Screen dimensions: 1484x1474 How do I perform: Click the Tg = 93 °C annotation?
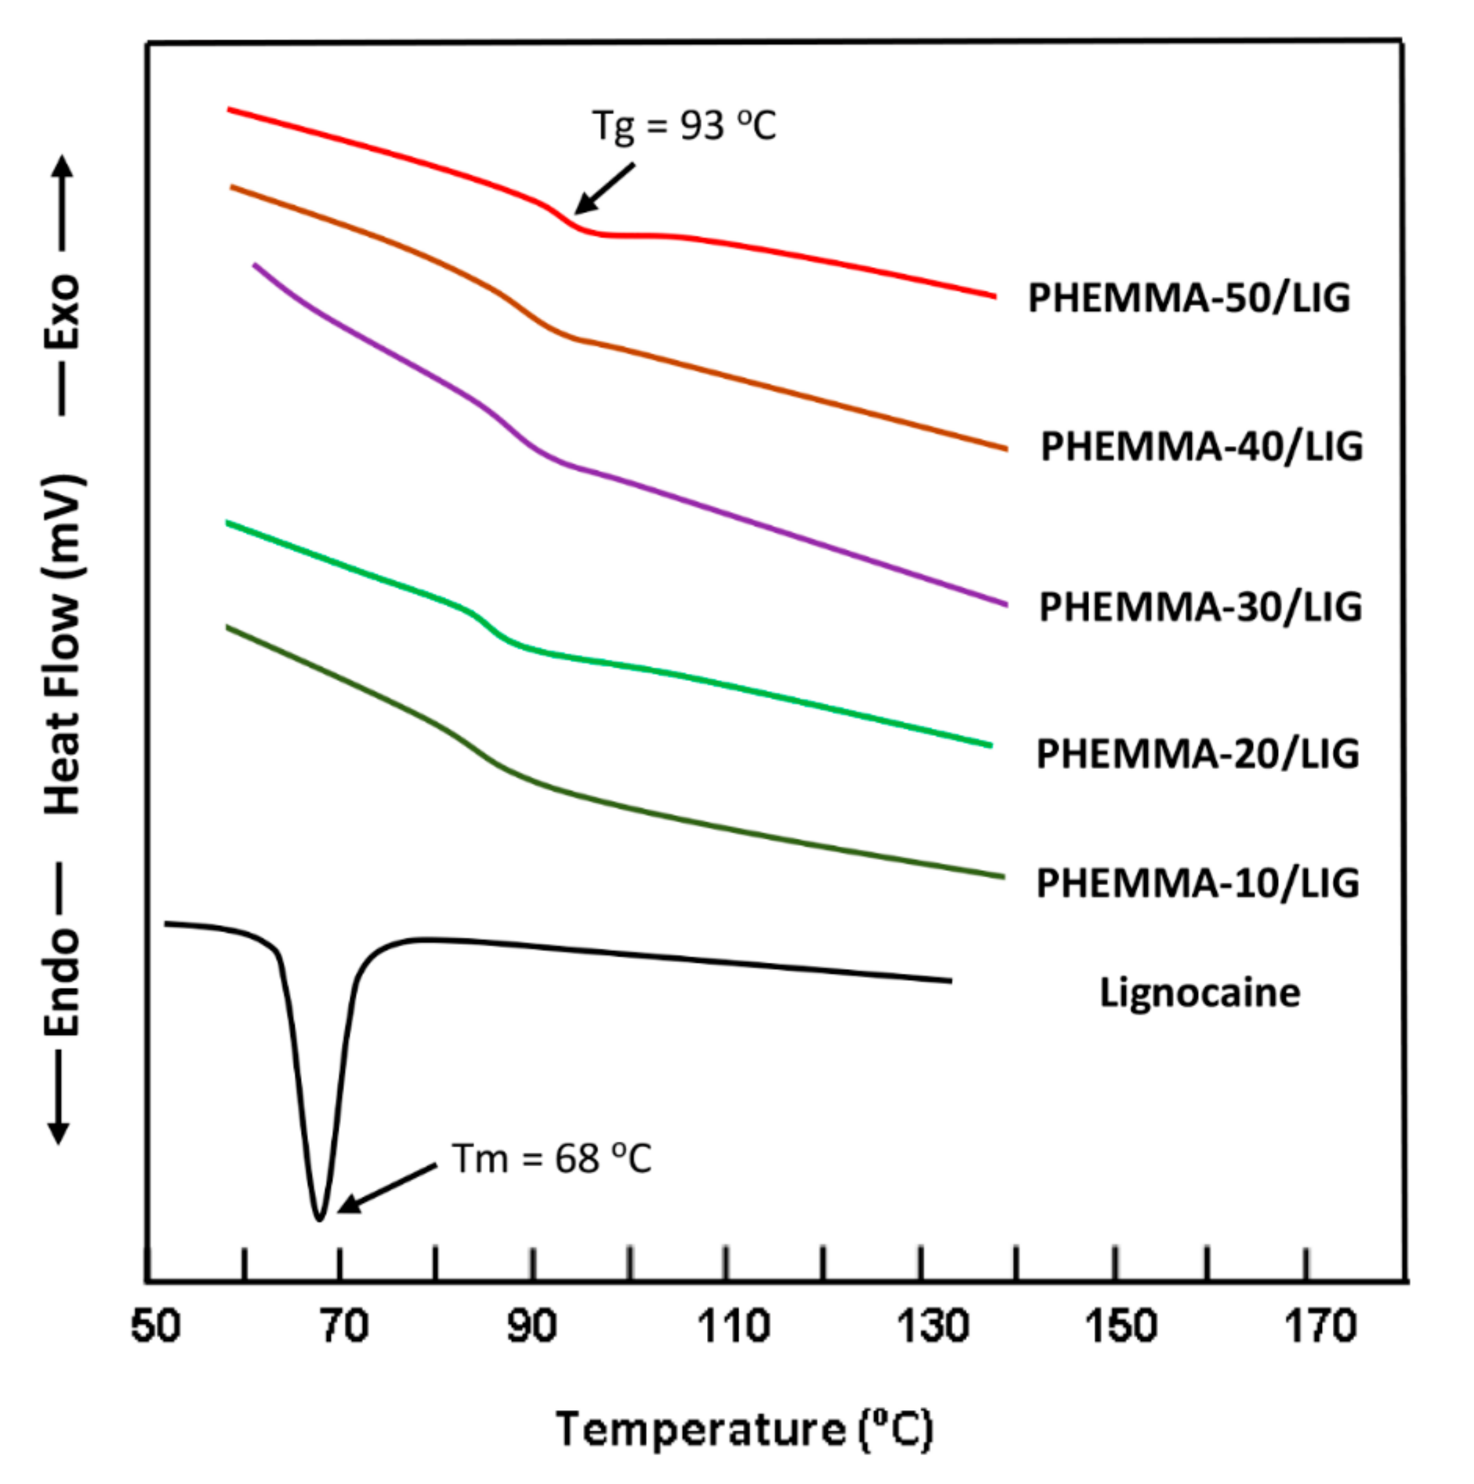click(684, 125)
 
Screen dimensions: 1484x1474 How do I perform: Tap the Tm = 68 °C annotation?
click(551, 1159)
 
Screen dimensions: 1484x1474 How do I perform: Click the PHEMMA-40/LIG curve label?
click(1201, 446)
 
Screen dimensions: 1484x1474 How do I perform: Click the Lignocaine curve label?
click(1200, 993)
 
